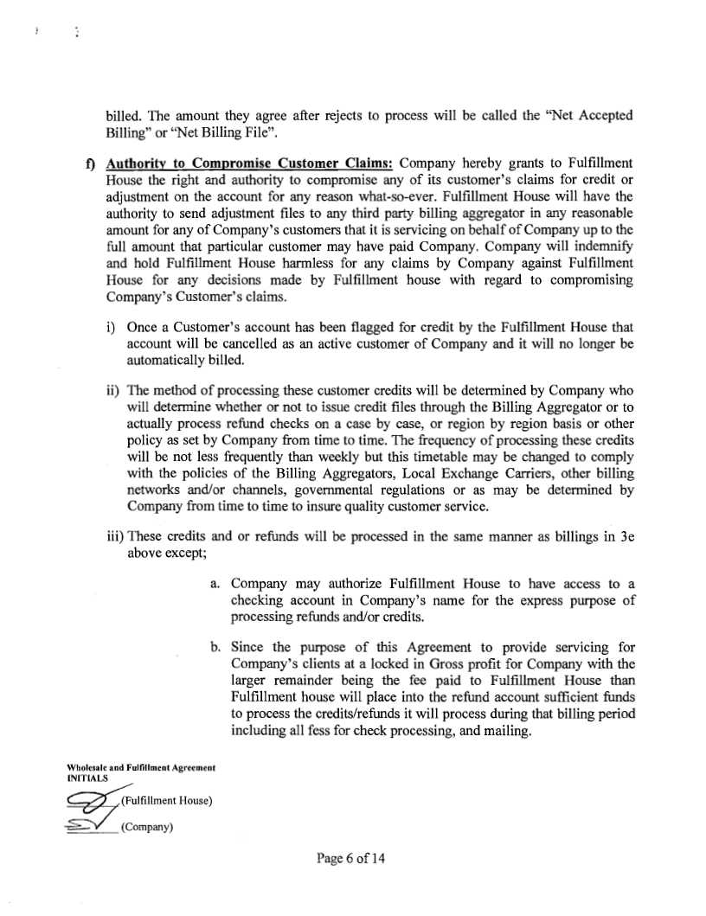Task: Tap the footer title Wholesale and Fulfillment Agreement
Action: click(140, 767)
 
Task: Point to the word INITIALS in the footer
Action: click(87, 777)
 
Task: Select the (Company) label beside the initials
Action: click(148, 827)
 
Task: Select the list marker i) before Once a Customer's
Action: click(112, 328)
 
